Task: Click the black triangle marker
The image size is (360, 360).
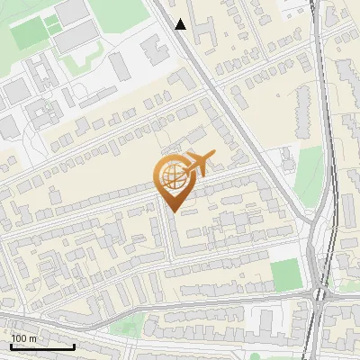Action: [181, 24]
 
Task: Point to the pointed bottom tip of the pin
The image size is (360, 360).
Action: [172, 211]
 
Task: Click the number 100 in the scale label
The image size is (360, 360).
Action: [20, 338]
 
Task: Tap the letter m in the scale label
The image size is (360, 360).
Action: [33, 338]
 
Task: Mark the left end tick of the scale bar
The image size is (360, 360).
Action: [10, 346]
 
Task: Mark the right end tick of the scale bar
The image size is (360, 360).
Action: [74, 346]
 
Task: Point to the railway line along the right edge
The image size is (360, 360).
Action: [332, 135]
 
